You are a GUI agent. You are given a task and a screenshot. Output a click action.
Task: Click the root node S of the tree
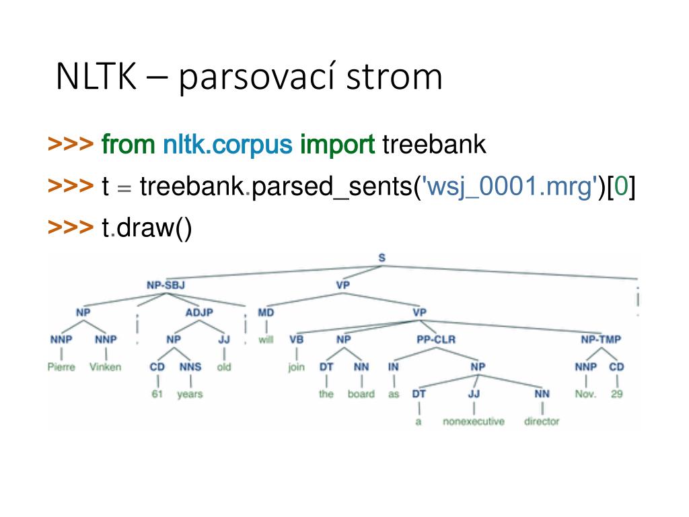[x=382, y=258]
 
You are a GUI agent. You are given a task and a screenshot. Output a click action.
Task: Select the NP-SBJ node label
[x=166, y=285]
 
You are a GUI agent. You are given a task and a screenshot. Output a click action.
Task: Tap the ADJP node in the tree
[x=199, y=312]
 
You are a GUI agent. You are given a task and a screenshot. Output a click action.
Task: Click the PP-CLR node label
[x=436, y=339]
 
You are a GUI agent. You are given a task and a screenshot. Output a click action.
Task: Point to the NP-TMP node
[x=601, y=339]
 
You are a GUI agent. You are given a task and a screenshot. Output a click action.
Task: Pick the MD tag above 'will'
[x=265, y=312]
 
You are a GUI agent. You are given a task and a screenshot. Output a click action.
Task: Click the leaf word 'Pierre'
[x=61, y=367]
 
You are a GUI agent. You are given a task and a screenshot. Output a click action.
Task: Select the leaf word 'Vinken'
[x=106, y=367]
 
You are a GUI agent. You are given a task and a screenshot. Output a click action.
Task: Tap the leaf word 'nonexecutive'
[x=473, y=421]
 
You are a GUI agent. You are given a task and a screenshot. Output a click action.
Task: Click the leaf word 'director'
[x=542, y=421]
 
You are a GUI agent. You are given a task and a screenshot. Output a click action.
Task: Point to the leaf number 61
[x=157, y=394]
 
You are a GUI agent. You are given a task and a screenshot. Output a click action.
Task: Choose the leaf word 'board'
[x=361, y=394]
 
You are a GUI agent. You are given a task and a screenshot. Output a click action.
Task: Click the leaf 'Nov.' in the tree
[x=585, y=394]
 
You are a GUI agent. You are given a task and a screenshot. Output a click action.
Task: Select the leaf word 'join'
[x=296, y=367]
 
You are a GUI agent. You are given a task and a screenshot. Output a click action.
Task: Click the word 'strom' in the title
[x=394, y=77]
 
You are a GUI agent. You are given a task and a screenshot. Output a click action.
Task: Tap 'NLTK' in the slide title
[x=96, y=77]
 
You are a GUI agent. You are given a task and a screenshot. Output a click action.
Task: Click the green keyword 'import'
[x=337, y=144]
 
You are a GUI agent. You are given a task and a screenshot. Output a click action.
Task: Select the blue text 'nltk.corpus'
[x=227, y=144]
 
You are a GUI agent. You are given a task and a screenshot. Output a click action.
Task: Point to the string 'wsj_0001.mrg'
[x=509, y=186]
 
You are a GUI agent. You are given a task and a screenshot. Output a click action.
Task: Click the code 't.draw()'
[x=147, y=228]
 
